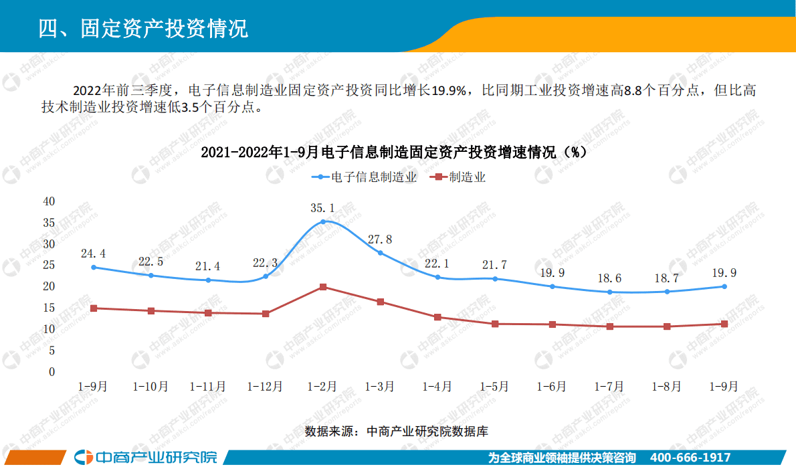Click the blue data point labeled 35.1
point(323,221)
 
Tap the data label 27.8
point(380,239)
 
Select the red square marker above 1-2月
point(323,287)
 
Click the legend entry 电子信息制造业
point(365,177)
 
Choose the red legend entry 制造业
point(460,177)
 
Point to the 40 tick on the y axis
point(49,201)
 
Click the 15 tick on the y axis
point(49,308)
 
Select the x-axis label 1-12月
point(265,387)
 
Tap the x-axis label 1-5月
point(495,387)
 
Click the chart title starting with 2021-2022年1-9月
point(394,153)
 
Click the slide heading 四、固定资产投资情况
point(143,28)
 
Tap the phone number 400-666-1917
point(690,458)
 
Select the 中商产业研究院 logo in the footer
point(146,458)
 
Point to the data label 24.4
point(93,254)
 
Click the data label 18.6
point(609,278)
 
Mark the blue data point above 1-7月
point(609,292)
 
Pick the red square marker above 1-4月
point(437,317)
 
